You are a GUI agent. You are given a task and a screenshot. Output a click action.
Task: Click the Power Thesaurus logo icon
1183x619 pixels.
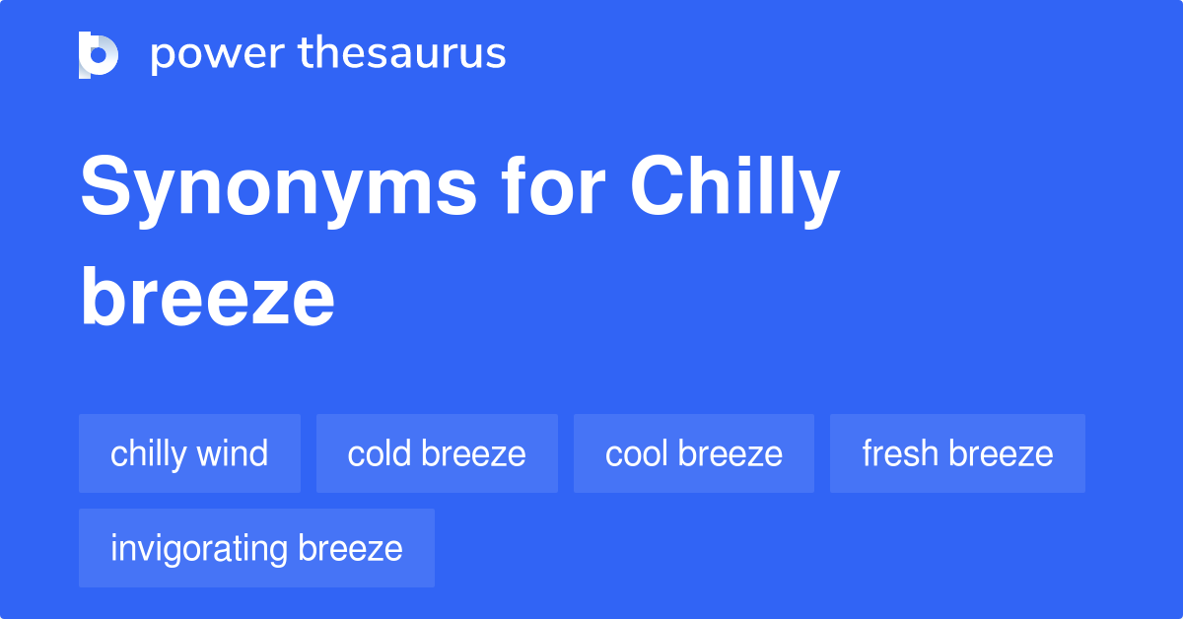tap(99, 54)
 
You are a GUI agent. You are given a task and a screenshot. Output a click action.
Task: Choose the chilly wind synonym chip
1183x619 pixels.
tap(189, 453)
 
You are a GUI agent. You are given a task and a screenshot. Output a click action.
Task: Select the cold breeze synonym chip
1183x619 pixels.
tap(437, 453)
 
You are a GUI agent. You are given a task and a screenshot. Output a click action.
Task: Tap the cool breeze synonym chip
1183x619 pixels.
tap(694, 453)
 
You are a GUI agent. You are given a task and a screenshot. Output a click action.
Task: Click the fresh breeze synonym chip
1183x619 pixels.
tap(957, 453)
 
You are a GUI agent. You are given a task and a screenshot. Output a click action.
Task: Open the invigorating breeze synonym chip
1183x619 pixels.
tap(256, 548)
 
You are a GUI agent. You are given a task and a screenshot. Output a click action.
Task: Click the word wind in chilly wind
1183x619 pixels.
tap(232, 453)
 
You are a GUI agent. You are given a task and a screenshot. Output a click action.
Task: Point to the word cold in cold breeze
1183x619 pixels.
tap(380, 453)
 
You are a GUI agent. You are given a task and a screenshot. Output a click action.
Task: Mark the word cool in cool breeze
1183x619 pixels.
tap(637, 453)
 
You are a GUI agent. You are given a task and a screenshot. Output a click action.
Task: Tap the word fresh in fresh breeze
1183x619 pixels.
tap(900, 453)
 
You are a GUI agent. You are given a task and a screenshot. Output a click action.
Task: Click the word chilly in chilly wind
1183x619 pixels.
tap(148, 453)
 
